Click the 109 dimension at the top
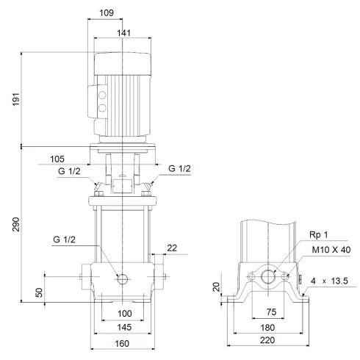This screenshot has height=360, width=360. point(107,12)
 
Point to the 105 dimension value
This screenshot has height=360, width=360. point(77,158)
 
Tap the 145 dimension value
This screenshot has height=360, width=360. point(122,326)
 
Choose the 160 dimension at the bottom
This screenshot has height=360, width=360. point(122,344)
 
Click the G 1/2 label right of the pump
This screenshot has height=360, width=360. point(180,169)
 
